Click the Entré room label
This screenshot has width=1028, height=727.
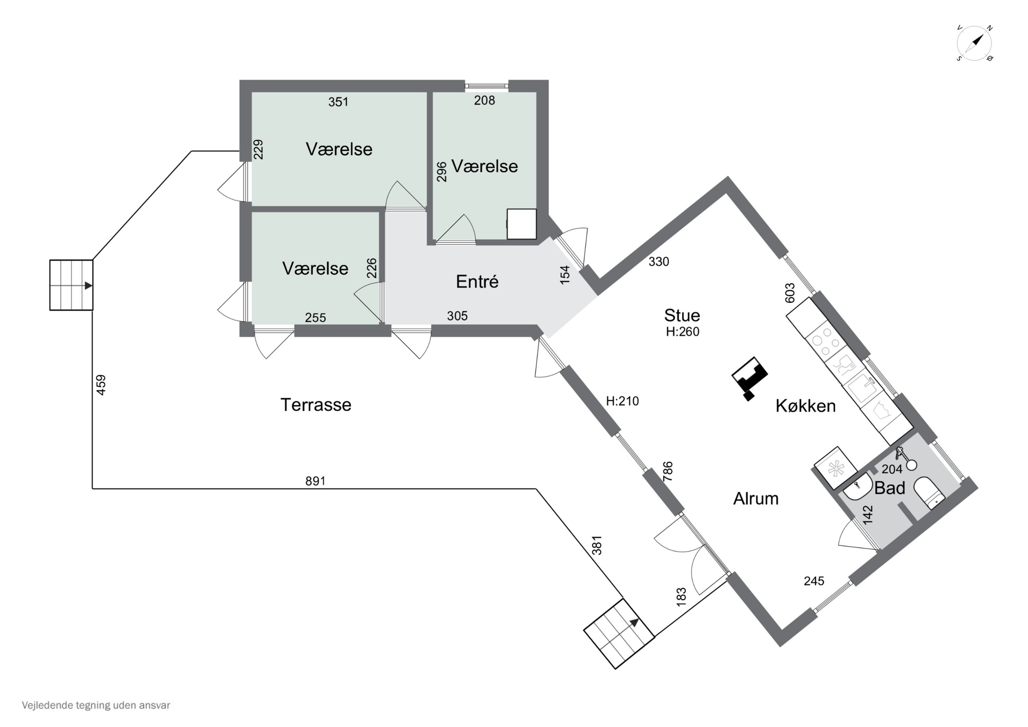coord(477,281)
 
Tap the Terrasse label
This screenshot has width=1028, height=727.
coord(316,404)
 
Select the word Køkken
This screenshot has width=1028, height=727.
coord(806,405)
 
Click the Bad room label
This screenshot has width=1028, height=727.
coord(890,488)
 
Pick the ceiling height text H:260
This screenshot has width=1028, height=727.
coord(682,331)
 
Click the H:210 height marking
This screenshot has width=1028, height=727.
coord(622,401)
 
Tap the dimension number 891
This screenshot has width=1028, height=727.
coord(315,481)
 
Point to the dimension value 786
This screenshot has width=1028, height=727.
coord(668,471)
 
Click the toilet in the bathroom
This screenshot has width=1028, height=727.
coord(930,493)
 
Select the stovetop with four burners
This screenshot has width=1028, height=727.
coord(826,341)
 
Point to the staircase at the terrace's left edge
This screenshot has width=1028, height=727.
coord(71,285)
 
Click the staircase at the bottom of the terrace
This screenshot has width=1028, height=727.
coord(619,634)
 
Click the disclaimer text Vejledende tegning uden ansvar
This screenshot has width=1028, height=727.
coord(96,705)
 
